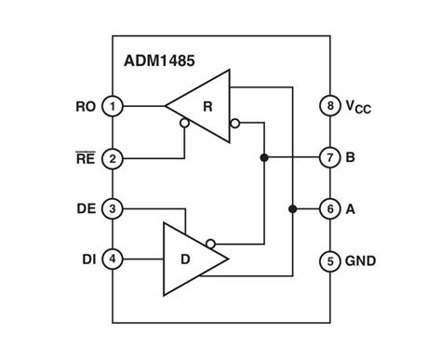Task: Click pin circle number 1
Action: point(112,106)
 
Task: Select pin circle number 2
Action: point(112,158)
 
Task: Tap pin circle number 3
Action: point(112,208)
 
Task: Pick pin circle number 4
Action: point(112,260)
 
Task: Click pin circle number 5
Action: point(329,260)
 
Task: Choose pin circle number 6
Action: point(329,208)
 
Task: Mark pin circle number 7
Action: point(329,157)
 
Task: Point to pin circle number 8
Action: point(329,106)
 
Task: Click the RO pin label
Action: point(84,106)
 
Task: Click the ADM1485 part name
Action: point(159,62)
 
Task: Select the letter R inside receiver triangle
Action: point(207,106)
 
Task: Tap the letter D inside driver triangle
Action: point(186,260)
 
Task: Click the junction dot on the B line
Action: point(265,157)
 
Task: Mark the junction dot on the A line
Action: point(293,208)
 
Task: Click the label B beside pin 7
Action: point(351,157)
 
